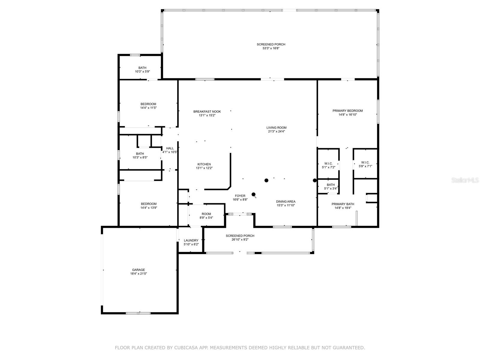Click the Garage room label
pos(138,270)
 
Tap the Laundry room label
pos(191,240)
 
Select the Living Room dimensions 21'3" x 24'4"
pos(276,131)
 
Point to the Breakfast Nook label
pos(207,112)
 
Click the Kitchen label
pos(204,164)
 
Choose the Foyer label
pos(240,196)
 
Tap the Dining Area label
pos(286,202)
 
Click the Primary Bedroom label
pos(348,111)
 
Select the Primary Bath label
pos(343,204)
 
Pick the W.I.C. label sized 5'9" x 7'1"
pos(365,162)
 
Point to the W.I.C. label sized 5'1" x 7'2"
pos(328,163)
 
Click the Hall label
pos(170,148)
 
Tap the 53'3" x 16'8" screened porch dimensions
pos(271,48)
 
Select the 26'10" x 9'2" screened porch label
pos(240,235)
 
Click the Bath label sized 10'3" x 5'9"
pos(142,68)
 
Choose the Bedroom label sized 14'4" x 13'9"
pos(149,204)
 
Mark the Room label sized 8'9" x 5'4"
pos(206,214)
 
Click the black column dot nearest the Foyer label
pos(253,194)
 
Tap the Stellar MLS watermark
pos(465,180)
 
